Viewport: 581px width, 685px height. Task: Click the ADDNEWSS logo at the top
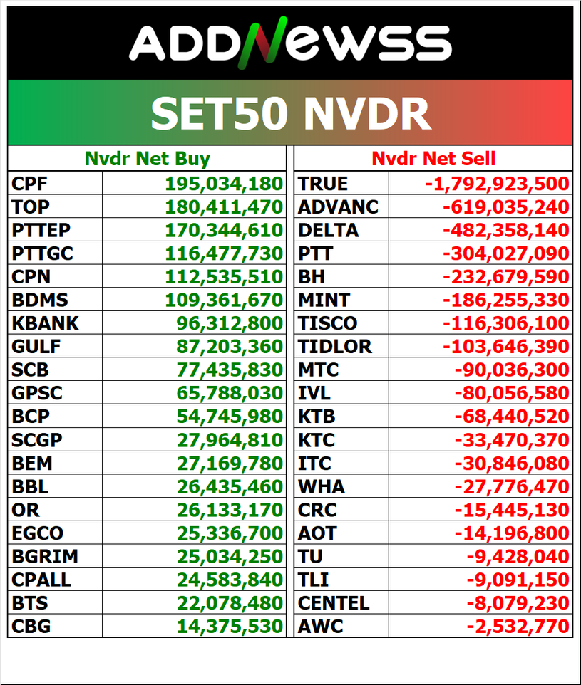point(290,43)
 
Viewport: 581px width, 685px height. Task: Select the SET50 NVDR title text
point(290,113)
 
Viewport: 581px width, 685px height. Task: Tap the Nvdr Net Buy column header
point(147,159)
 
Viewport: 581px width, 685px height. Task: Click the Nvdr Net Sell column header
point(433,159)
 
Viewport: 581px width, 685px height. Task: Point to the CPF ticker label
point(30,184)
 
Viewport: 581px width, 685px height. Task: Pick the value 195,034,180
point(224,184)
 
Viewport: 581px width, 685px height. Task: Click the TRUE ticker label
point(323,184)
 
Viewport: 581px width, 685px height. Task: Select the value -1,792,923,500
point(497,184)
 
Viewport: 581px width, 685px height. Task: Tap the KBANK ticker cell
point(45,323)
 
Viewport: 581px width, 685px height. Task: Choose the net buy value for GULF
point(230,347)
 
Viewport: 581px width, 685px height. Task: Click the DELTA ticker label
point(329,231)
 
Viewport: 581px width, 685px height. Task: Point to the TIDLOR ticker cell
point(335,347)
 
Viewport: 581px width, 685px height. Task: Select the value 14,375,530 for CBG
point(230,627)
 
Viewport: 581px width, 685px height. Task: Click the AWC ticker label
point(321,627)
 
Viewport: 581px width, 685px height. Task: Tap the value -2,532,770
point(518,627)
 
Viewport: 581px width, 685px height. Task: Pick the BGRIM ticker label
point(45,557)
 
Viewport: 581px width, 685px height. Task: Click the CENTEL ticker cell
point(334,603)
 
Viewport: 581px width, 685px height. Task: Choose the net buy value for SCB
point(230,370)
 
